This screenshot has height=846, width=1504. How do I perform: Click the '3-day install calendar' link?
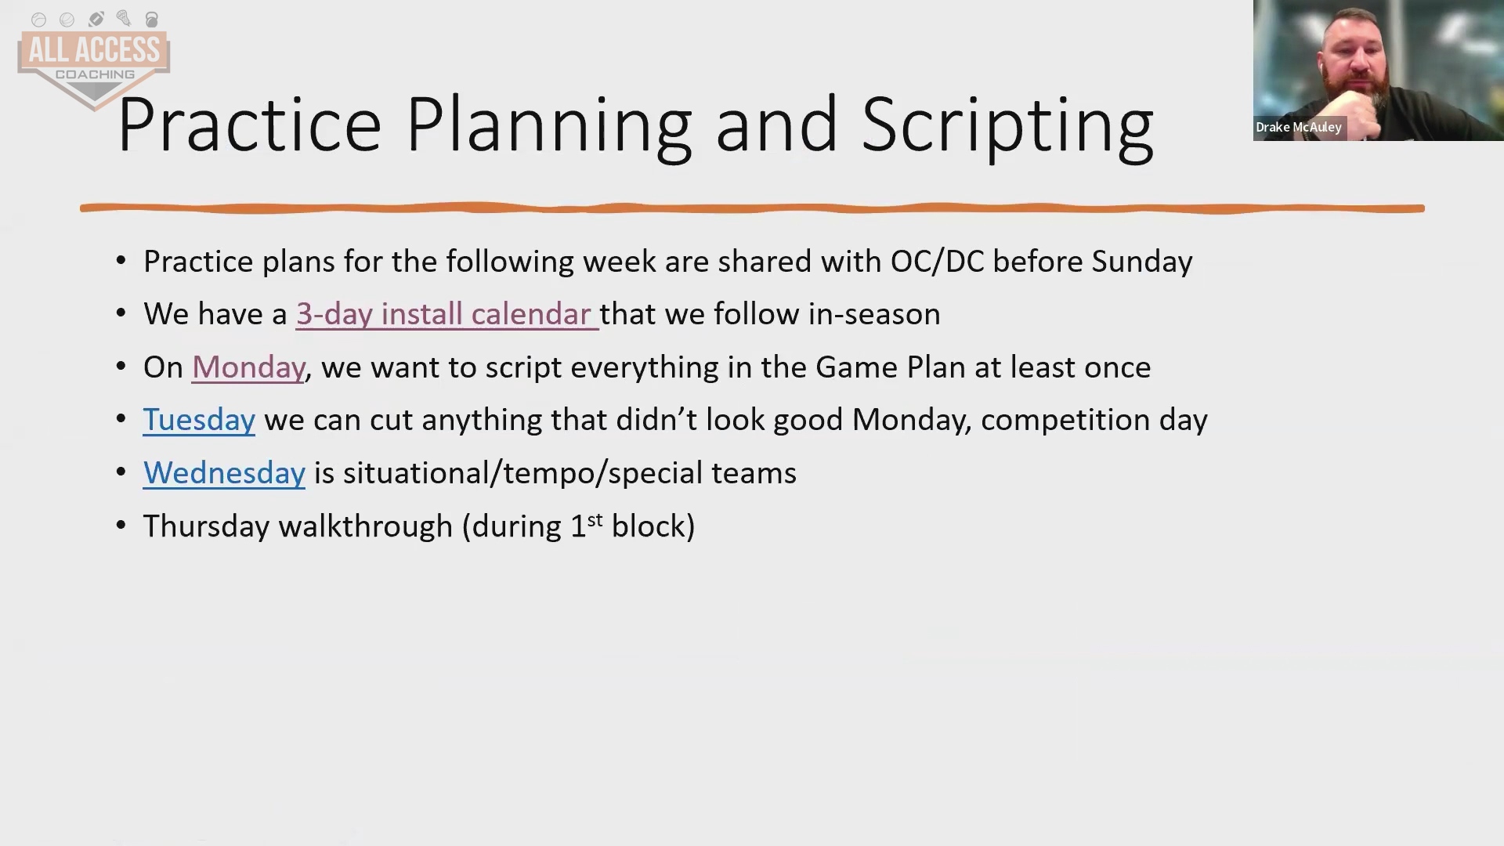tap(446, 314)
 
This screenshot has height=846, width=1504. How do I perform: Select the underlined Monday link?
tap(248, 367)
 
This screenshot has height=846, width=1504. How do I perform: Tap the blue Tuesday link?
tap(199, 420)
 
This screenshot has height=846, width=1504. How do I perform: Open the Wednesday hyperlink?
tap(224, 473)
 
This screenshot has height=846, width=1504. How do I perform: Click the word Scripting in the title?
tap(1007, 125)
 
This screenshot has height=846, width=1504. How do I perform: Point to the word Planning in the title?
tap(548, 125)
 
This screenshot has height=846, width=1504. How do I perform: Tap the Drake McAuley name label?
tap(1299, 127)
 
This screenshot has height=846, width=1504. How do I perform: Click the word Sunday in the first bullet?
tap(1142, 262)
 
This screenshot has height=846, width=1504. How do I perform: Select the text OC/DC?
tap(937, 262)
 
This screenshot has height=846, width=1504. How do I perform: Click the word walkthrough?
tap(366, 526)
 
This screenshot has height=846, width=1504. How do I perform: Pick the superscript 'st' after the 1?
tap(595, 519)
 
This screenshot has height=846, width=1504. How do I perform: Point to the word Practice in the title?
tap(249, 125)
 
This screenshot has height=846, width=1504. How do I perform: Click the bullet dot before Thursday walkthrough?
tap(121, 526)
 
